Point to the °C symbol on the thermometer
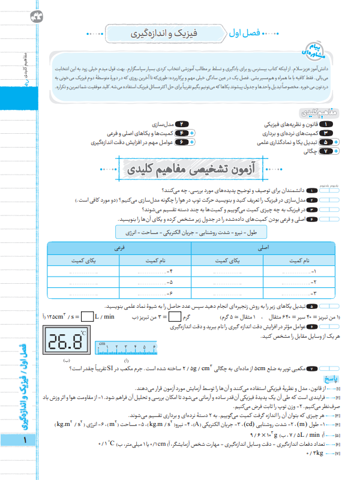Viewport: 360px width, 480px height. point(83,332)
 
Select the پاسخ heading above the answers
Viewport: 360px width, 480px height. point(332,379)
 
